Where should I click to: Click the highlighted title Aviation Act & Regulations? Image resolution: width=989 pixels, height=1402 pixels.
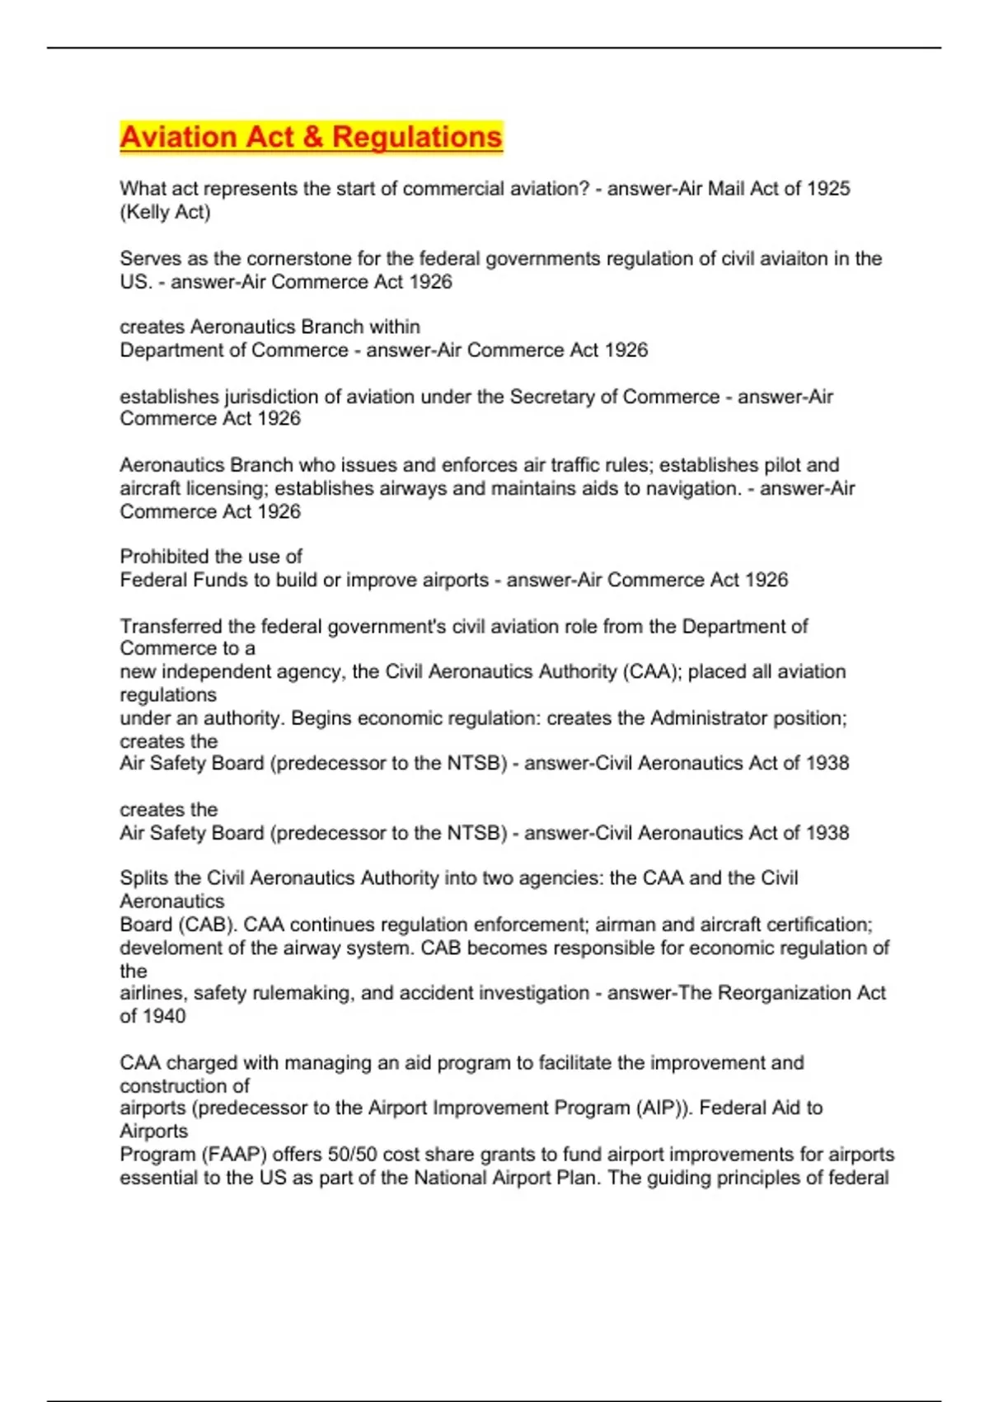point(311,137)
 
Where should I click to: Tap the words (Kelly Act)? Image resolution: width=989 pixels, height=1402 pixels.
point(165,212)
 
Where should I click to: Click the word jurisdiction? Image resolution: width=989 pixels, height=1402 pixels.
point(271,397)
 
